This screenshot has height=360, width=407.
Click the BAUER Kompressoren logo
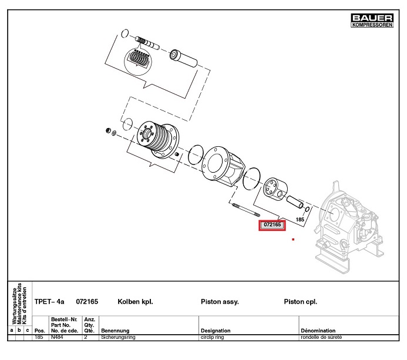click(371, 21)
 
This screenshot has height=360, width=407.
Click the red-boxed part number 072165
click(272, 225)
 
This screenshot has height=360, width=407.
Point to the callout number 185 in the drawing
click(300, 219)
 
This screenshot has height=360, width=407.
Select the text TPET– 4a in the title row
click(50, 301)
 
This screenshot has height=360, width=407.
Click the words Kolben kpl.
click(135, 301)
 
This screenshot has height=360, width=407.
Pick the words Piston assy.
click(220, 301)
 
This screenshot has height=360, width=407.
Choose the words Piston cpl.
click(300, 301)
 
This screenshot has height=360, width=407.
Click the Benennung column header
click(115, 331)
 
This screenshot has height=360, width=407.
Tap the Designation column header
click(216, 331)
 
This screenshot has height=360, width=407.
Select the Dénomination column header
click(318, 331)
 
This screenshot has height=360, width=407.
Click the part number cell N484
click(57, 338)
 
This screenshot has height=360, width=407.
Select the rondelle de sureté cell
click(321, 338)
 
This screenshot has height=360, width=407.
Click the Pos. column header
click(40, 331)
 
